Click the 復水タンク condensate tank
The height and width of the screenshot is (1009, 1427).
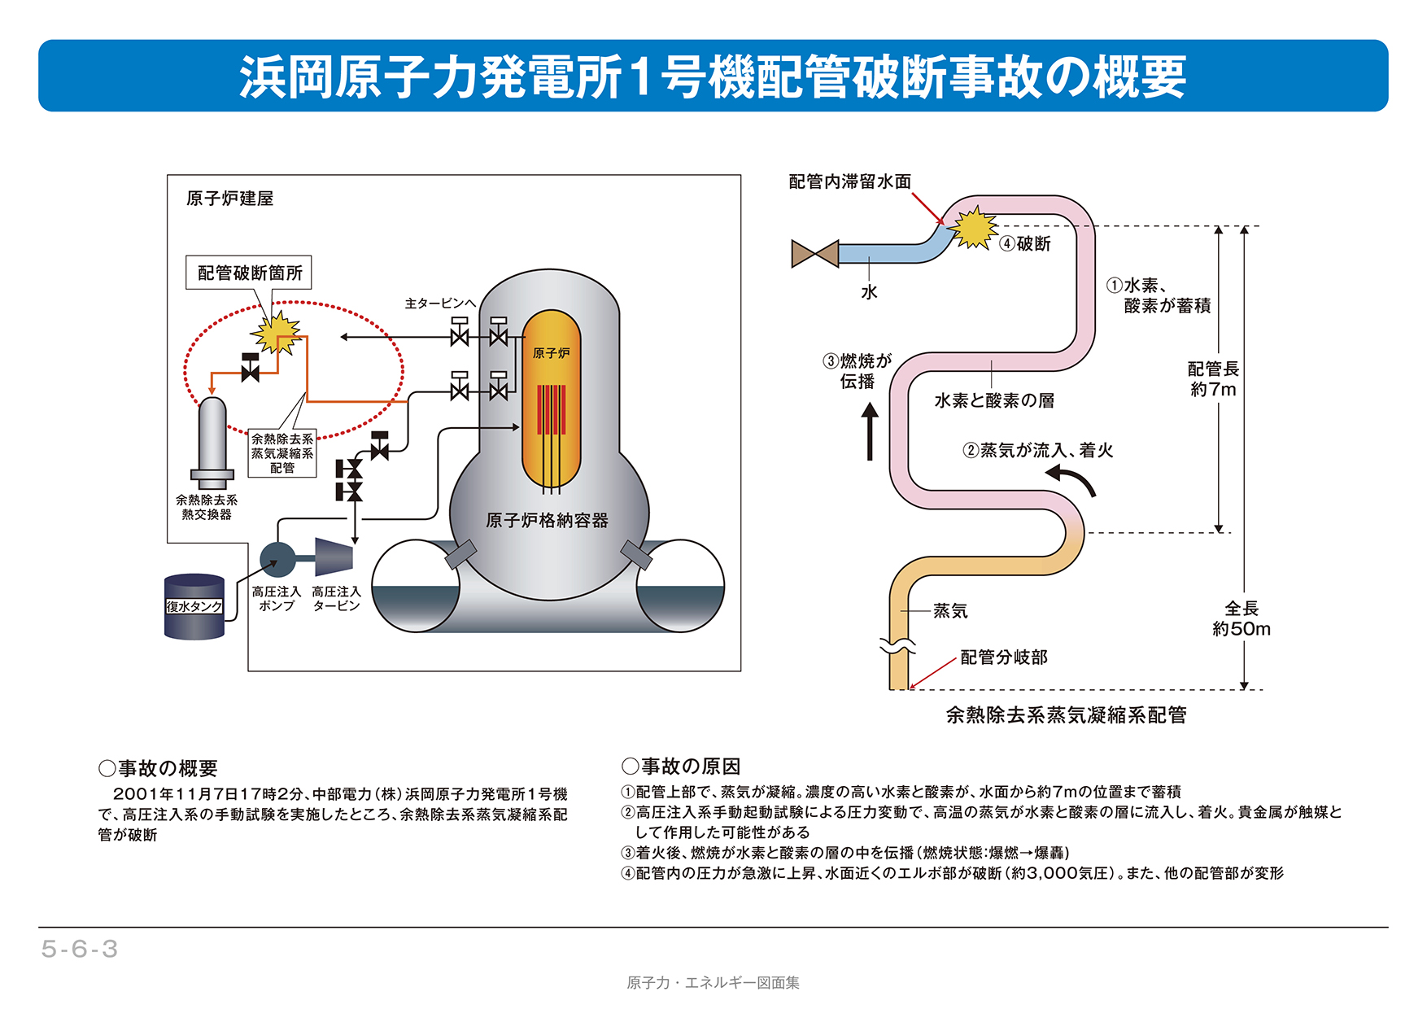pyautogui.click(x=194, y=606)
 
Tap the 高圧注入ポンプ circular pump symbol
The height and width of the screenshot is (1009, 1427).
pyautogui.click(x=277, y=559)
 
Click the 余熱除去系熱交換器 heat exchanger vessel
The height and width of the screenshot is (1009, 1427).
pyautogui.click(x=212, y=439)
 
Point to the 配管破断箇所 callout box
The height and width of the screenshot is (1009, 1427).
pyautogui.click(x=250, y=273)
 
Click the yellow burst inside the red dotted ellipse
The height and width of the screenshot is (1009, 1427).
pyautogui.click(x=276, y=331)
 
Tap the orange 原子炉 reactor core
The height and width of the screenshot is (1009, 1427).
pyautogui.click(x=551, y=399)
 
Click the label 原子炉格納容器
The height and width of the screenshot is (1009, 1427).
pyautogui.click(x=547, y=521)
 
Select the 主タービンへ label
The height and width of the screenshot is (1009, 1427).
pyautogui.click(x=440, y=304)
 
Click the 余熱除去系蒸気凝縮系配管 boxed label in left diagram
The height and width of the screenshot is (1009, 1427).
pyautogui.click(x=281, y=453)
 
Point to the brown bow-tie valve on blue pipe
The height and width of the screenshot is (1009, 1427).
pyautogui.click(x=814, y=254)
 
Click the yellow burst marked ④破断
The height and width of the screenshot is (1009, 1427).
pyautogui.click(x=973, y=227)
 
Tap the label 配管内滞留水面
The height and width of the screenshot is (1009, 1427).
pyautogui.click(x=849, y=181)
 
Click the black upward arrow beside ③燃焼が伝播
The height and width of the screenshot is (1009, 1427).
pyautogui.click(x=870, y=432)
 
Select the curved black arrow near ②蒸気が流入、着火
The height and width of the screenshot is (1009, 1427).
pyautogui.click(x=1073, y=480)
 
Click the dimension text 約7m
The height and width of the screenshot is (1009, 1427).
pyautogui.click(x=1213, y=390)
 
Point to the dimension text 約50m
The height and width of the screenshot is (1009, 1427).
pyautogui.click(x=1242, y=629)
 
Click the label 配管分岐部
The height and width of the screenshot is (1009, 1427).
pyautogui.click(x=1004, y=657)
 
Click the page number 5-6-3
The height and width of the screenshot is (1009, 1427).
pyautogui.click(x=80, y=949)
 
